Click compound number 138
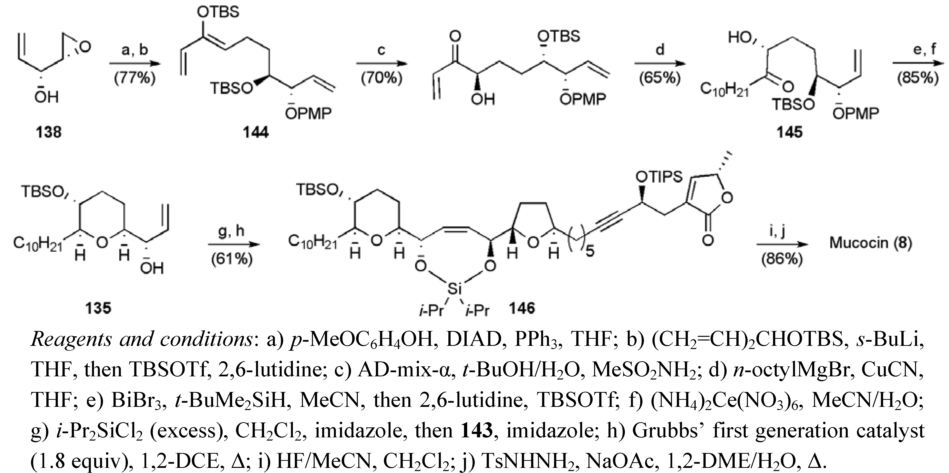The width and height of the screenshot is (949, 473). pos(48,132)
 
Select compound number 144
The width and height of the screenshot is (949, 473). pos(256,132)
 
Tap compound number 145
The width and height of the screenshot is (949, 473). pos(789,132)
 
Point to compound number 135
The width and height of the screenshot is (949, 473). pos(98,308)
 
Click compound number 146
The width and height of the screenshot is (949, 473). pos(522,308)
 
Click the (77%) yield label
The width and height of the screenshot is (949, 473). pos(134,78)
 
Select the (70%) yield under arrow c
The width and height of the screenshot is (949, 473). pos(381,78)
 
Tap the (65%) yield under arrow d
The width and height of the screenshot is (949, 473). pos(660,78)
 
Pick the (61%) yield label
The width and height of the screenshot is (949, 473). pos(232,259)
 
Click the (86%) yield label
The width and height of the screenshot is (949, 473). pos(782,259)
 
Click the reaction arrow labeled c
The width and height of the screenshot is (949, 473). pos(381,64)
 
